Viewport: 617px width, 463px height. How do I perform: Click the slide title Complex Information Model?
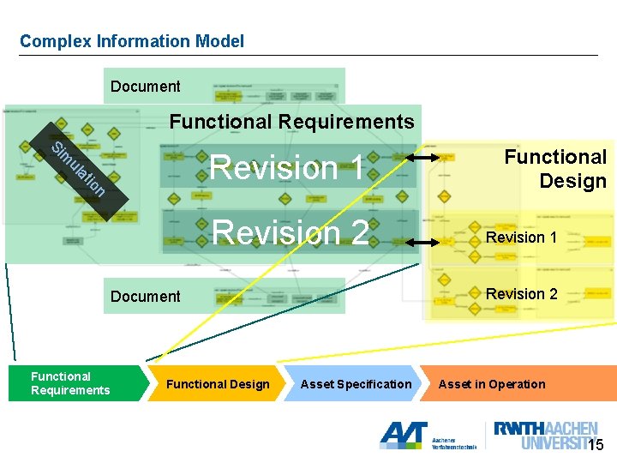[x=132, y=41]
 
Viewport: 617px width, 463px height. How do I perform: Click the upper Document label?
[x=146, y=87]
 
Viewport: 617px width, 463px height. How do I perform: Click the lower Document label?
[x=146, y=297]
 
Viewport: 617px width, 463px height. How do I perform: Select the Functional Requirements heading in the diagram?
[x=291, y=122]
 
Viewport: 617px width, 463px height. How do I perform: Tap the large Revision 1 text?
[x=288, y=167]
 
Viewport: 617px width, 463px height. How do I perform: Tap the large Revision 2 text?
[x=291, y=232]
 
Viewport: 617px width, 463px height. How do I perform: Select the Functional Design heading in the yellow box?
[x=555, y=169]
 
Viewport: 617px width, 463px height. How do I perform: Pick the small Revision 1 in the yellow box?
[x=521, y=238]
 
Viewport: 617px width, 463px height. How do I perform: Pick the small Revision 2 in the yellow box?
[x=521, y=294]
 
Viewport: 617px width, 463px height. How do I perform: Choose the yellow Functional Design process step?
[x=218, y=384]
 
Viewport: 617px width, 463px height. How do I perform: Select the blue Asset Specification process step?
[x=356, y=384]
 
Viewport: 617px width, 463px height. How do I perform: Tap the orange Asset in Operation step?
[x=492, y=384]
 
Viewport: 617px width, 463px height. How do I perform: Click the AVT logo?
[x=404, y=435]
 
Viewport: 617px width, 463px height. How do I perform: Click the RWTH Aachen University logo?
[x=545, y=435]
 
